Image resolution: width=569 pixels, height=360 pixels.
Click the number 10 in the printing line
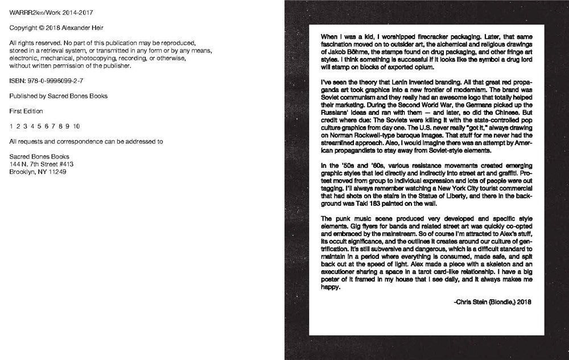pyautogui.click(x=76, y=126)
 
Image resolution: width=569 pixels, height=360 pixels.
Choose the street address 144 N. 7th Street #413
pyautogui.click(x=42, y=164)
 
